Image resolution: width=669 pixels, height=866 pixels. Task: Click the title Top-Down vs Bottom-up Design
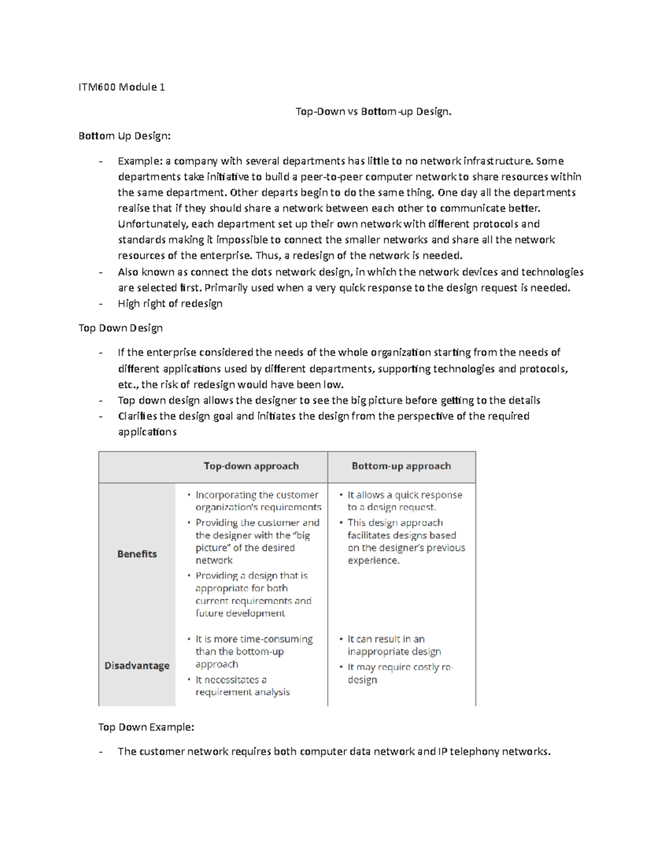click(x=373, y=112)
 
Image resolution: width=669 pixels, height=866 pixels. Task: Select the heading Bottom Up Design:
click(x=124, y=136)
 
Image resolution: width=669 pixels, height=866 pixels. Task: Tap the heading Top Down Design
click(x=120, y=328)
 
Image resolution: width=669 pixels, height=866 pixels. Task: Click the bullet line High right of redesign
click(x=170, y=304)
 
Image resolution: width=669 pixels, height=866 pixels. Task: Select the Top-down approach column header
click(x=251, y=466)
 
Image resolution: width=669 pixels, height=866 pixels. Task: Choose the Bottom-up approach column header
click(x=401, y=466)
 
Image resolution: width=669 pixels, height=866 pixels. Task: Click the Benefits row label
click(x=137, y=554)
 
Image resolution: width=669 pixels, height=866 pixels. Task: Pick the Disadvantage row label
click(x=137, y=666)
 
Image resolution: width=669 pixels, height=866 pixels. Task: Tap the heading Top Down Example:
click(x=146, y=727)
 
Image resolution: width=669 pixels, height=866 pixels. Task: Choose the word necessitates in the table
click(x=231, y=680)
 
